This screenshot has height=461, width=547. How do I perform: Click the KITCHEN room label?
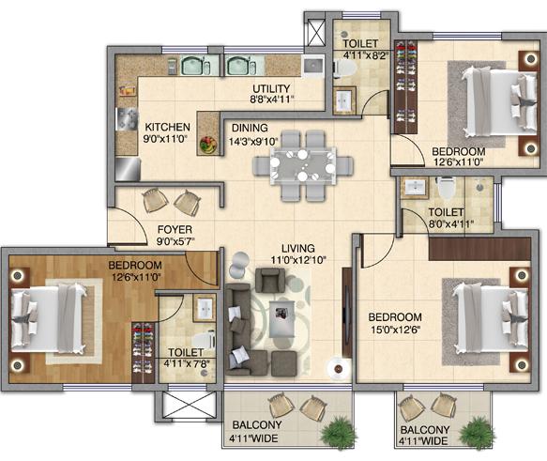coord(167,127)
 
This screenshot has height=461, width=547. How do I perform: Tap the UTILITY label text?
coord(271,88)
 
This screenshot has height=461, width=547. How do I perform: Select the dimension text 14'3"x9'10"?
coord(253,142)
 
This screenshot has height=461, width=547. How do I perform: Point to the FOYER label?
coord(175,230)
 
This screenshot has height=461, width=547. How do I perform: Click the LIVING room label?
coord(298,249)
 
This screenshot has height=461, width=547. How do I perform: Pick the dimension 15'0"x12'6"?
coord(396,330)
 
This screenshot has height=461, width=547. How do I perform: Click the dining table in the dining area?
coord(303,166)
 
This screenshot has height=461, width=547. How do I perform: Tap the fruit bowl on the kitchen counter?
coord(208,145)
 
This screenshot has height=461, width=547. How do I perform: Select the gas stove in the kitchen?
coord(127,119)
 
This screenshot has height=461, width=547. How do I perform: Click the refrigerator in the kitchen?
coord(128,169)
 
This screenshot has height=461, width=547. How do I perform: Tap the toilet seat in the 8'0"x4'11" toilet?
coord(446,188)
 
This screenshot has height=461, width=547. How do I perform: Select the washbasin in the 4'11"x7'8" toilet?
coord(205,309)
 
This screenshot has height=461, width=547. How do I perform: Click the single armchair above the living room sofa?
coord(269,280)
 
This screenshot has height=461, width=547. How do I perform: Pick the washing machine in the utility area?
coord(313,66)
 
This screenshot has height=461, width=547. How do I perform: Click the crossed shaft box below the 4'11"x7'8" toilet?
coord(189,405)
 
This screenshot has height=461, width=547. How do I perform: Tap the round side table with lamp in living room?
coord(338,369)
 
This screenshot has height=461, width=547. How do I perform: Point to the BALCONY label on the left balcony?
coord(257,424)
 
